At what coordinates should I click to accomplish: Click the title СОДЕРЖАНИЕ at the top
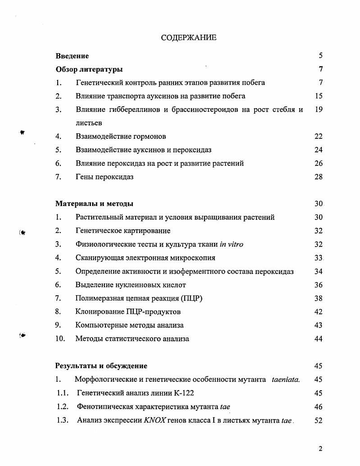[188, 37]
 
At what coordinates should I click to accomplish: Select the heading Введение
[72, 56]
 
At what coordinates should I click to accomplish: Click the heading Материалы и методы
[94, 204]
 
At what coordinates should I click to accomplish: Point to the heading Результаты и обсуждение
[101, 366]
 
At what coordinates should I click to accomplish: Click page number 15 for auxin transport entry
[319, 96]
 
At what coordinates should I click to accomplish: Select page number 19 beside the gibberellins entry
[319, 110]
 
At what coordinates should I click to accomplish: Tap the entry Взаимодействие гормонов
[121, 137]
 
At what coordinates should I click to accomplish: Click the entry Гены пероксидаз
[105, 177]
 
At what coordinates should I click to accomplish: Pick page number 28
[319, 177]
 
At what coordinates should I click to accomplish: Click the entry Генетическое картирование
[123, 231]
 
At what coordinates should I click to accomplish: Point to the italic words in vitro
[232, 244]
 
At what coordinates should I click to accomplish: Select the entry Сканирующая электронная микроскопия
[145, 258]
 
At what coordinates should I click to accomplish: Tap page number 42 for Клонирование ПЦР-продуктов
[319, 312]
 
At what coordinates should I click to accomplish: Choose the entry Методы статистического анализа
[132, 339]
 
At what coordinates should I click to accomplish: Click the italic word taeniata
[286, 379]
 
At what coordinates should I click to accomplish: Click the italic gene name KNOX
[155, 420]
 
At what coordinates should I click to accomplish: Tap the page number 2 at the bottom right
[320, 448]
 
